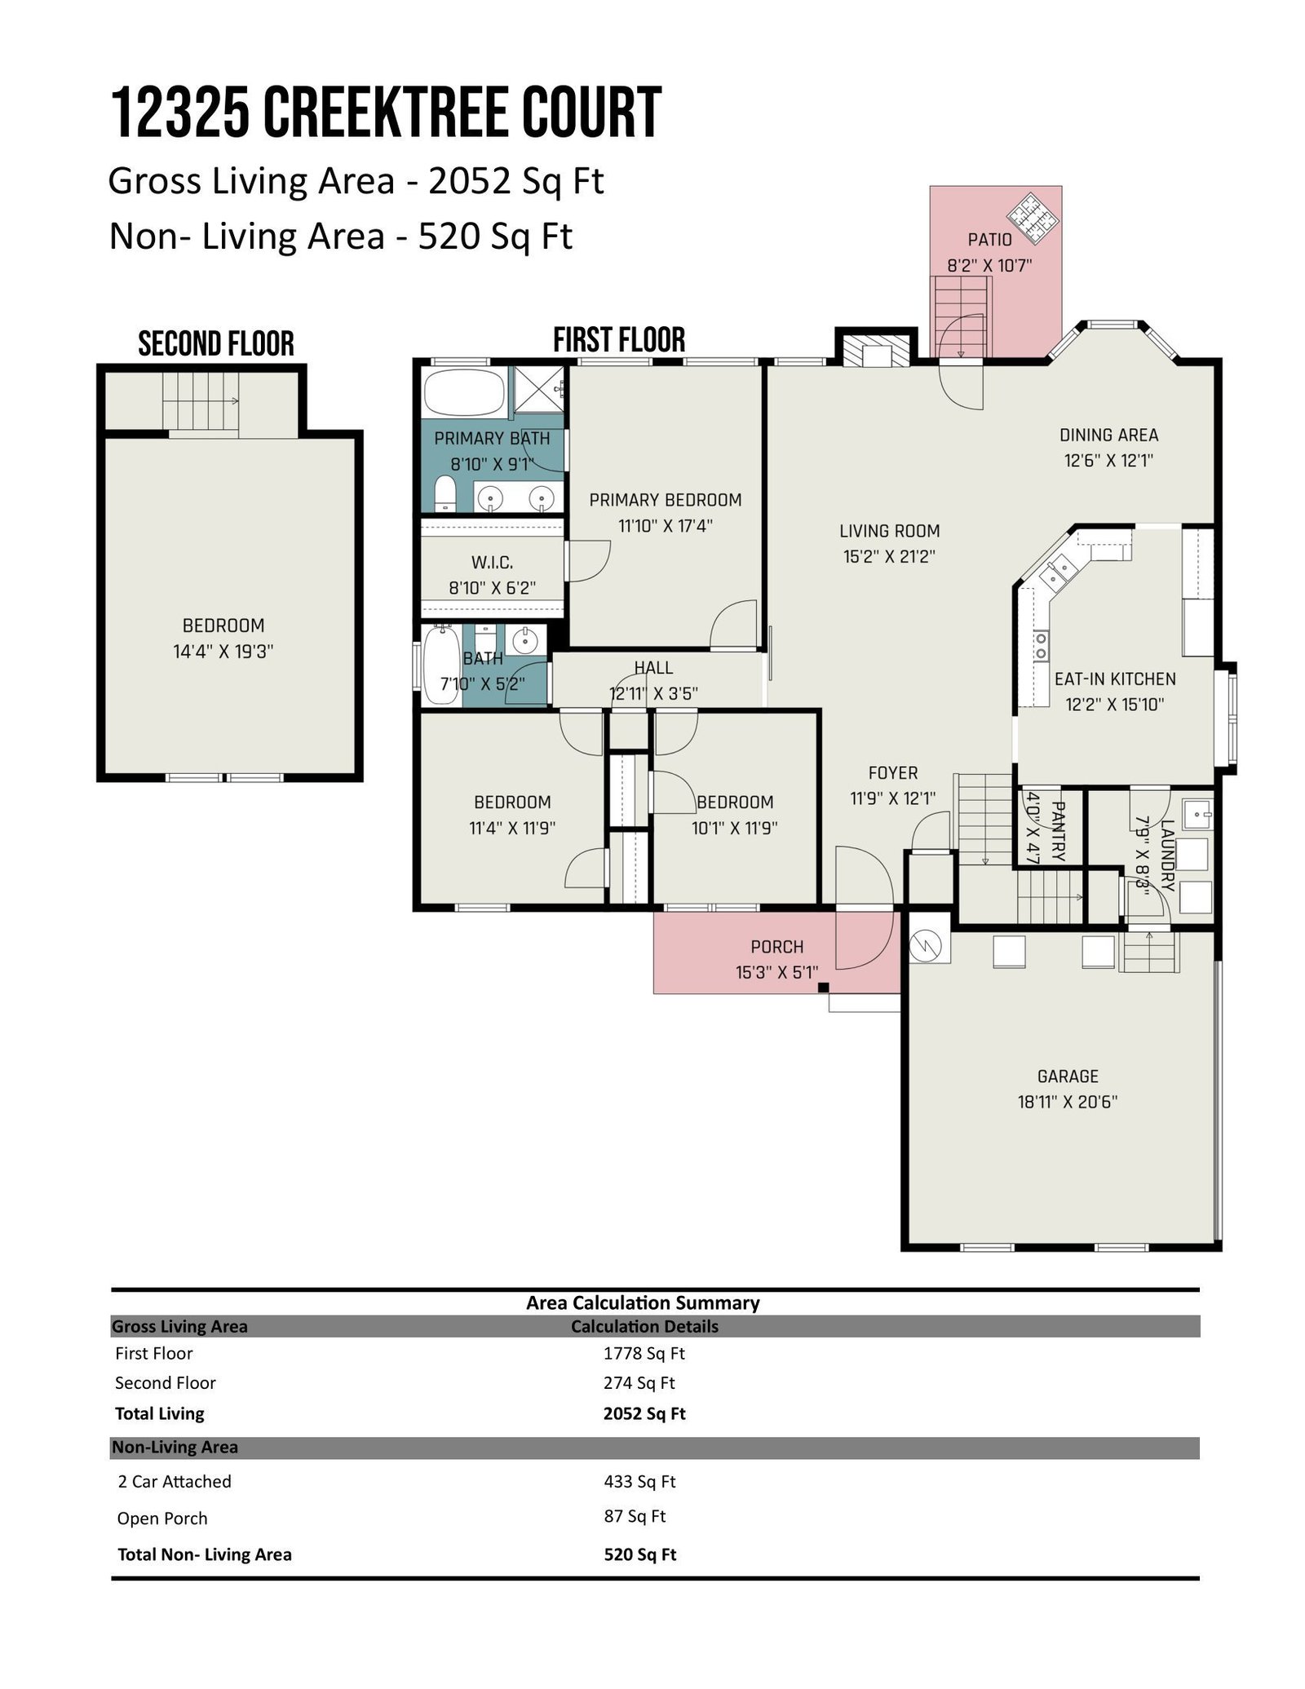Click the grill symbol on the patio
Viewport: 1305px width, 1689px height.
point(1033,217)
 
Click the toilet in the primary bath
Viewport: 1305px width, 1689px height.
point(445,494)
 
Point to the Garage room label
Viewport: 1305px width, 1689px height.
point(1068,1076)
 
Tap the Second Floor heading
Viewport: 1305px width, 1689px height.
point(216,343)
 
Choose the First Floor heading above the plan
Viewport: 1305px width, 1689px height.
point(619,339)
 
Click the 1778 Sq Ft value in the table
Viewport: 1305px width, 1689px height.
point(644,1354)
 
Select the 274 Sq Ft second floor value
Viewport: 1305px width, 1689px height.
point(639,1383)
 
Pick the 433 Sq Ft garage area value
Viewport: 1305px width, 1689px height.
point(639,1481)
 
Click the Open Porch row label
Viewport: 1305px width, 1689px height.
point(162,1519)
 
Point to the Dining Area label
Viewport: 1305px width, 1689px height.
point(1108,436)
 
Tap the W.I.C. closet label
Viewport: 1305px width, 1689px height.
point(492,562)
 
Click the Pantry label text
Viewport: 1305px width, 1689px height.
point(1059,831)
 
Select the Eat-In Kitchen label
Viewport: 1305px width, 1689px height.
point(1115,679)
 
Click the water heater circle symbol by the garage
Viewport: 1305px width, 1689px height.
point(928,945)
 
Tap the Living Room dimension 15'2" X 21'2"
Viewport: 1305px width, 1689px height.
point(889,557)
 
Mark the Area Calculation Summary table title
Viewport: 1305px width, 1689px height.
point(643,1303)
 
